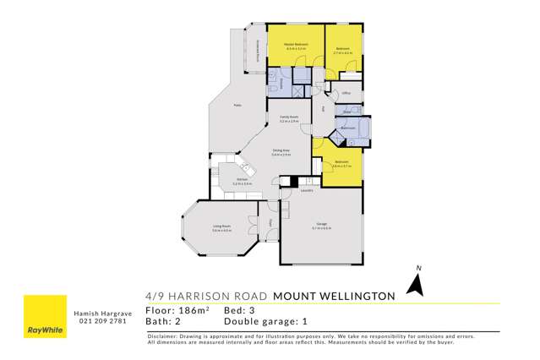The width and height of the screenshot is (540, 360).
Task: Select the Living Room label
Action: coord(222,226)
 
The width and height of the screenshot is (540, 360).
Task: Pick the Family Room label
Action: coord(289,117)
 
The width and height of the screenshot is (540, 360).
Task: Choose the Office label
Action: coord(346,93)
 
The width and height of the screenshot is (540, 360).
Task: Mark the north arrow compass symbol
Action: coord(414,284)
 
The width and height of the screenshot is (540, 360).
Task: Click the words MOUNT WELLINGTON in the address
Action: coord(335,296)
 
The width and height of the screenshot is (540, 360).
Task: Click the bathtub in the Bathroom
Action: coord(349,128)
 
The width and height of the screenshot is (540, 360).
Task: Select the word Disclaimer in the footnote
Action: coord(164,336)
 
